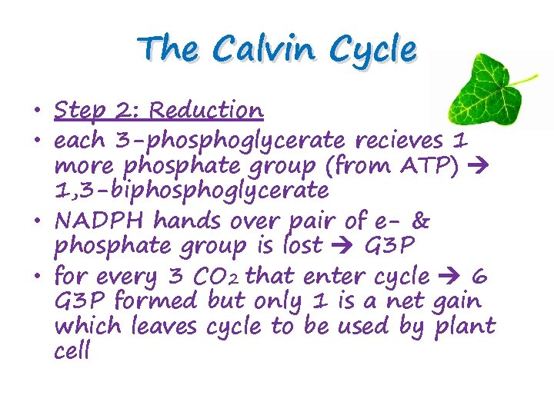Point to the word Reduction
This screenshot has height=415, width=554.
pyautogui.click(x=206, y=111)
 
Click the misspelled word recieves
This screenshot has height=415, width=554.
pyautogui.click(x=399, y=141)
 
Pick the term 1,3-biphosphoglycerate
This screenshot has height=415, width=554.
pyautogui.click(x=191, y=190)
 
